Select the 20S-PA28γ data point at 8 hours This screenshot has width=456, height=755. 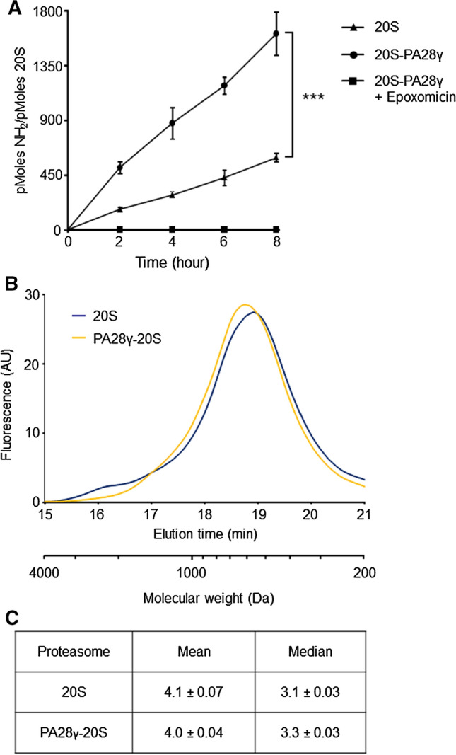tap(276, 33)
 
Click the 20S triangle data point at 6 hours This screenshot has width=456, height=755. tap(224, 178)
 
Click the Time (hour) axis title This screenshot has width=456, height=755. tap(172, 261)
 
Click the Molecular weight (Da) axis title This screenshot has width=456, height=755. tap(208, 598)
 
